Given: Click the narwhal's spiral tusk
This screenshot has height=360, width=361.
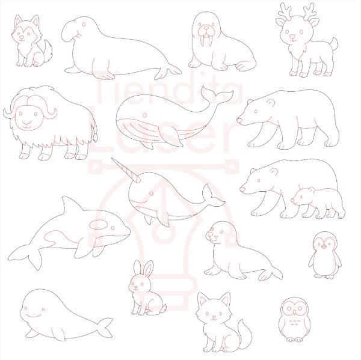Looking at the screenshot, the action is point(126,169).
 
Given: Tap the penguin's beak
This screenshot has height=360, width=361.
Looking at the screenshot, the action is point(324,247).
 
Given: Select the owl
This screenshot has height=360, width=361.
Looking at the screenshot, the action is point(294,320).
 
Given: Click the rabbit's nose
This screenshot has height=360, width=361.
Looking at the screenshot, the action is point(135,287).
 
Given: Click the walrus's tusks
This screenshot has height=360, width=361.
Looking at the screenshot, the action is point(206,41).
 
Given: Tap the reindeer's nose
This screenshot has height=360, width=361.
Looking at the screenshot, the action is point(292,37).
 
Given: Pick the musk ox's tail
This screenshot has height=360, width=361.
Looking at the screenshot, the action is point(95,130).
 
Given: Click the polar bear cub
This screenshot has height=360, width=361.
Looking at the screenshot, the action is point(318,203).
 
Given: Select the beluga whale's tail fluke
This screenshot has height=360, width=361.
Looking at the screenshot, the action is point(105,328).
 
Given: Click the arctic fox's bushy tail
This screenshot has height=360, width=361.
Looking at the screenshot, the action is point(242,333).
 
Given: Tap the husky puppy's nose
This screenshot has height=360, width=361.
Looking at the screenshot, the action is point(22,37).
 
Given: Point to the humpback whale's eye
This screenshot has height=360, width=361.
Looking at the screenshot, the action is point(145,115).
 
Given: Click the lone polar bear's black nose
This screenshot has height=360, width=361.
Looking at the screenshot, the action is point(239,120).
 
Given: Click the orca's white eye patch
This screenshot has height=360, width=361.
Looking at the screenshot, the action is point(98,225).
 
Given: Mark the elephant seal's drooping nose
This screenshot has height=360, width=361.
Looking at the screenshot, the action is point(68,32).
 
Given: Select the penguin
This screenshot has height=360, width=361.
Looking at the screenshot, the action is point(325,255).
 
